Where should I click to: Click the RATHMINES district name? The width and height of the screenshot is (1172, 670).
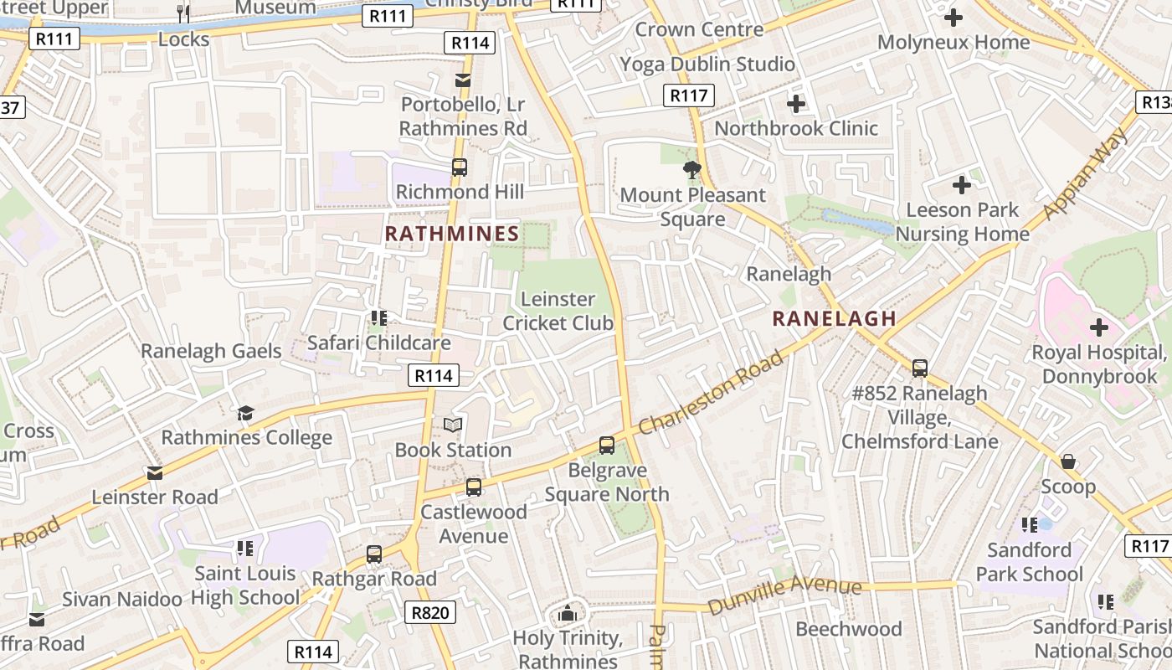452,234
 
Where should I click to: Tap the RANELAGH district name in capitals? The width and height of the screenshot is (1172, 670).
834,318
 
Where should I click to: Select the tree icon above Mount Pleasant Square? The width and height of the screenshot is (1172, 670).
692,171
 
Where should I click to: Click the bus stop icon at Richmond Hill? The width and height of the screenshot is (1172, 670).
460,167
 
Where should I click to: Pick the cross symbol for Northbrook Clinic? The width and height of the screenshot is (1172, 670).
796,104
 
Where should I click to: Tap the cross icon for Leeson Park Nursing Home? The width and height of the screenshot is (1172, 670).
962,185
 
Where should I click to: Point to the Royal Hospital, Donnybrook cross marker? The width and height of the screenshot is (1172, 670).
1098,327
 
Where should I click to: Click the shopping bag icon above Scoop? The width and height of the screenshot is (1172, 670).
1068,461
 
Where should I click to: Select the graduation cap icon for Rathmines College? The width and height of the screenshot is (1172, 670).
245,413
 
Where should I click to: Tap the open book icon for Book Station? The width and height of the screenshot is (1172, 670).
453,425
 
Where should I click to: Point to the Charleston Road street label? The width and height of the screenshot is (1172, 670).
712,393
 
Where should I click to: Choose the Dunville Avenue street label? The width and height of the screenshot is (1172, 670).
784,595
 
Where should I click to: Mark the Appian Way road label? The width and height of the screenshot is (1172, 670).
1087,173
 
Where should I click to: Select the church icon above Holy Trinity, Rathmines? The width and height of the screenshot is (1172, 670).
568,614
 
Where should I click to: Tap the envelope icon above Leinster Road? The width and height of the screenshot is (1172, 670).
155,473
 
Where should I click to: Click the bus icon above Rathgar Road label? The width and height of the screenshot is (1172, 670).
374,554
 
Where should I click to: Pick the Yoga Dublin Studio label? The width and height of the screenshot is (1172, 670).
707,64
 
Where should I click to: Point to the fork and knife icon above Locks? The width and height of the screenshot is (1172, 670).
183,14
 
